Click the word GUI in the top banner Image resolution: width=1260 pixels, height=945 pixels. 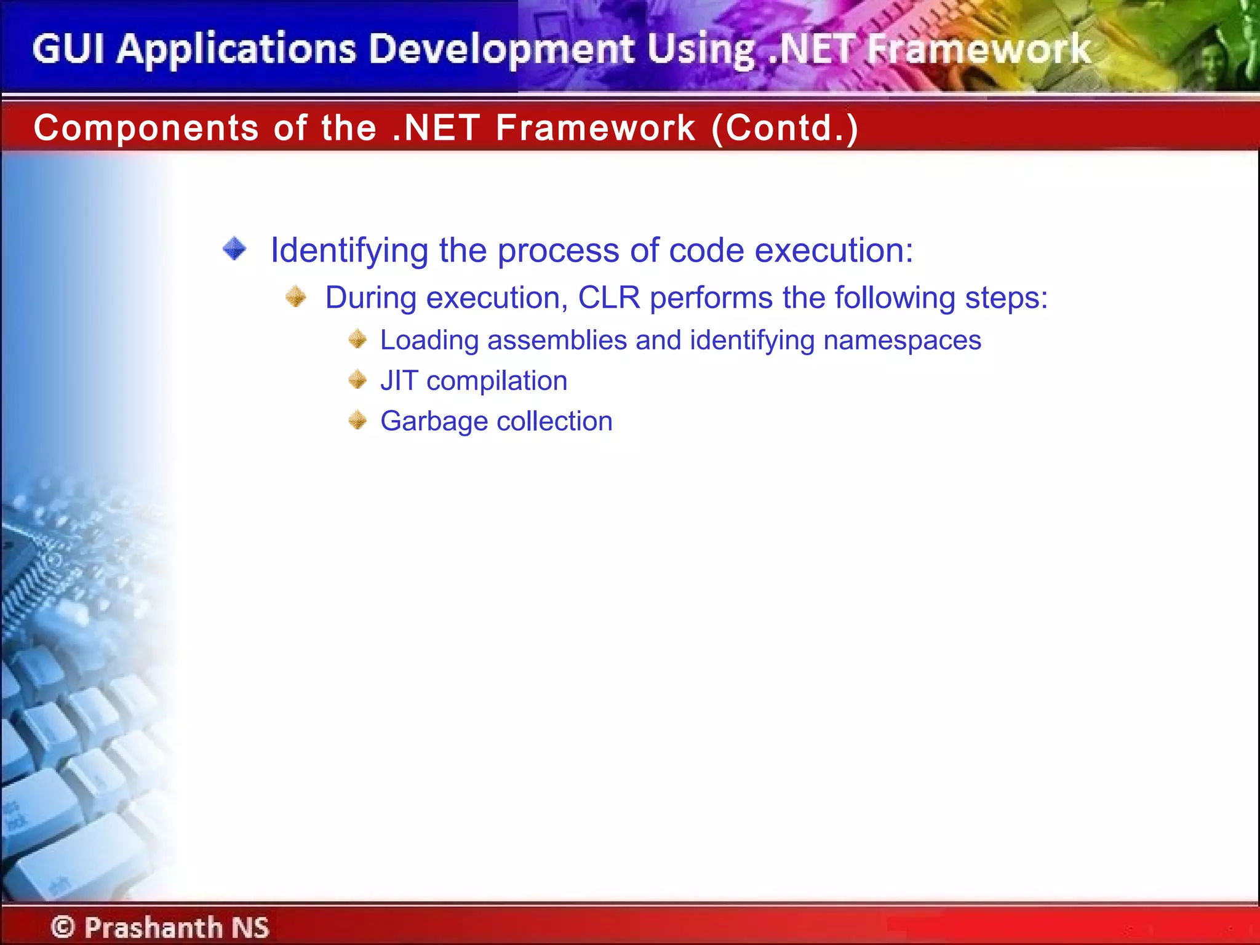tap(68, 49)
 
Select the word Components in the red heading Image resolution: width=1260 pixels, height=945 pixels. tap(146, 128)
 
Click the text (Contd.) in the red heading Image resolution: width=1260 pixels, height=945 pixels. tap(784, 128)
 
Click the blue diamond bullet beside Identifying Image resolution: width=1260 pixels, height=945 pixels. tap(234, 249)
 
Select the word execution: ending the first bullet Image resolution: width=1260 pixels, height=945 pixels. tap(834, 250)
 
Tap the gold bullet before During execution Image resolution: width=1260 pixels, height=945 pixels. tap(296, 297)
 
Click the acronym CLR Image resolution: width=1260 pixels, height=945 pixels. tap(608, 298)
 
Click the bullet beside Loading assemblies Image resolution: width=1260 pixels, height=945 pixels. tap(357, 339)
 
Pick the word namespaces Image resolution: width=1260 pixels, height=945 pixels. tap(902, 340)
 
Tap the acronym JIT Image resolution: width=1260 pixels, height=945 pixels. tap(399, 381)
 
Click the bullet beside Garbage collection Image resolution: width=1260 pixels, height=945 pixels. tap(357, 421)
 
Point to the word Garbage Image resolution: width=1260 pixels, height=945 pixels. tap(434, 422)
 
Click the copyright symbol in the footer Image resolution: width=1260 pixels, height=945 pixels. tap(63, 927)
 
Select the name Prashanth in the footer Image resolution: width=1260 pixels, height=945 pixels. tap(153, 927)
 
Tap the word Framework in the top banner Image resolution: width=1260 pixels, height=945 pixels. tap(978, 49)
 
